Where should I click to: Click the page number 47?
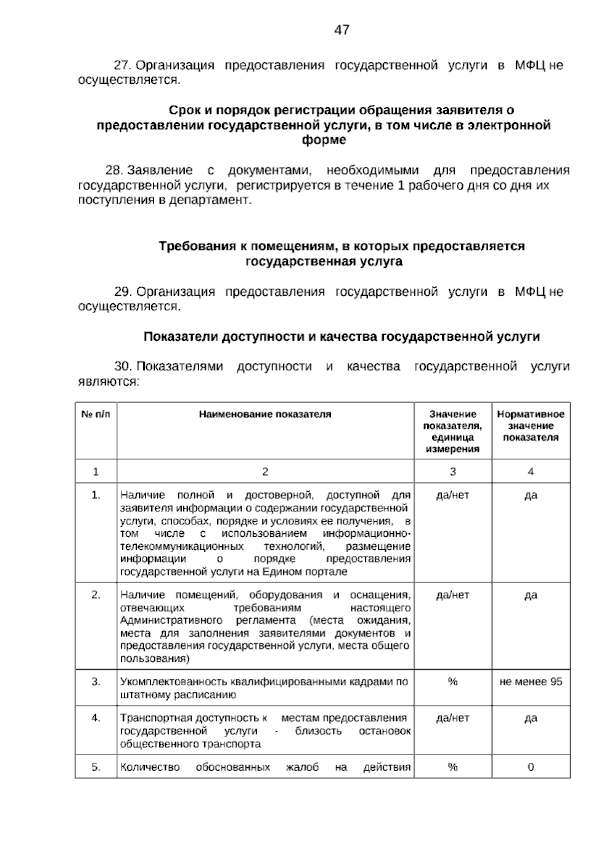pos(341,30)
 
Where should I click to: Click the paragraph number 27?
pos(122,65)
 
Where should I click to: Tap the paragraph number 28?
pos(113,171)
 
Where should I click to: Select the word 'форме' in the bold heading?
pos(324,140)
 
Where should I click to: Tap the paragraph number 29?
pos(122,292)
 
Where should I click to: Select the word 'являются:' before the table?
pos(108,382)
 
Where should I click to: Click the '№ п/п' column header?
pos(96,414)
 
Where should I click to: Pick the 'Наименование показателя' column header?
pos(265,414)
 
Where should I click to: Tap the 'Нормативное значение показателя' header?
pos(531,425)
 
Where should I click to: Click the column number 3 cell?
pos(453,471)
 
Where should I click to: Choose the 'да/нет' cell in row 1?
pos(453,495)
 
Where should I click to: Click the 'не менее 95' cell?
pos(531,682)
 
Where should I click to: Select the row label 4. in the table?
pos(96,718)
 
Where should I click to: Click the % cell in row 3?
pos(453,682)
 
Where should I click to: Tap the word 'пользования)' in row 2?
pos(155,659)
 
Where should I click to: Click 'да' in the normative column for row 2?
pos(531,595)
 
